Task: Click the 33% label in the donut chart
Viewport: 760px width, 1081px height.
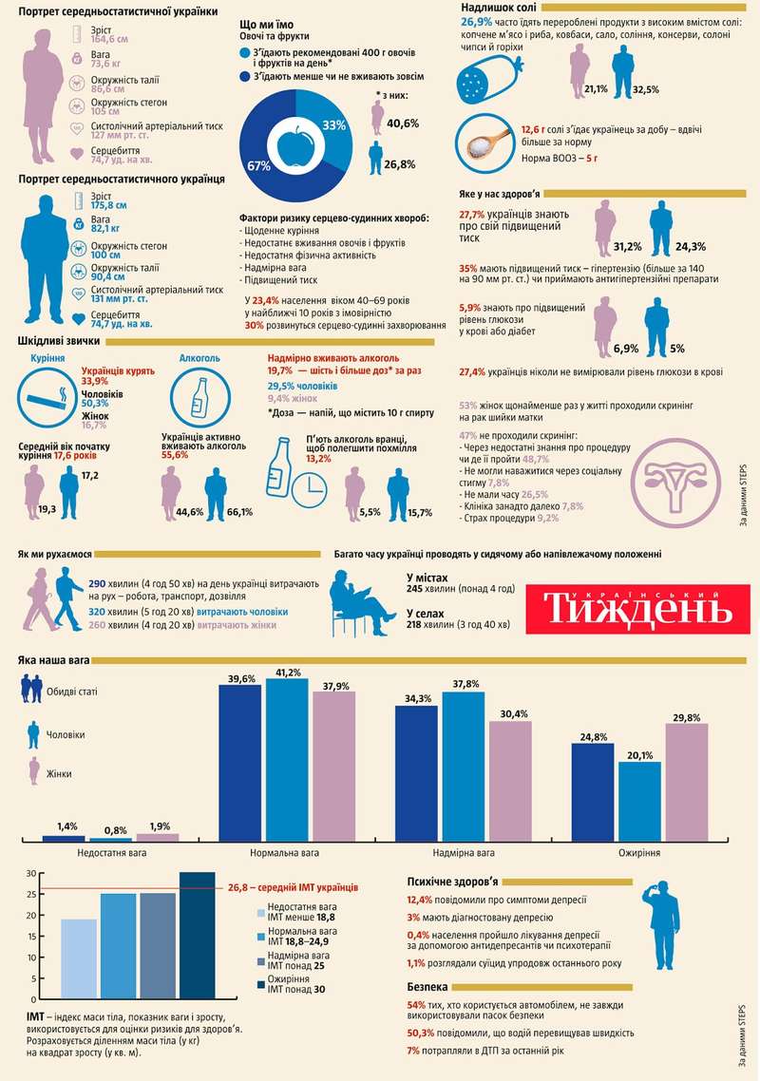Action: (x=333, y=125)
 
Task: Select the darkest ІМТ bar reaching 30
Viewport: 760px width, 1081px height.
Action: (x=197, y=936)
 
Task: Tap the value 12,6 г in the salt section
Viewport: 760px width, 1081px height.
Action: (x=536, y=128)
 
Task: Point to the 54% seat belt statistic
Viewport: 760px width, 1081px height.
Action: (x=415, y=1004)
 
